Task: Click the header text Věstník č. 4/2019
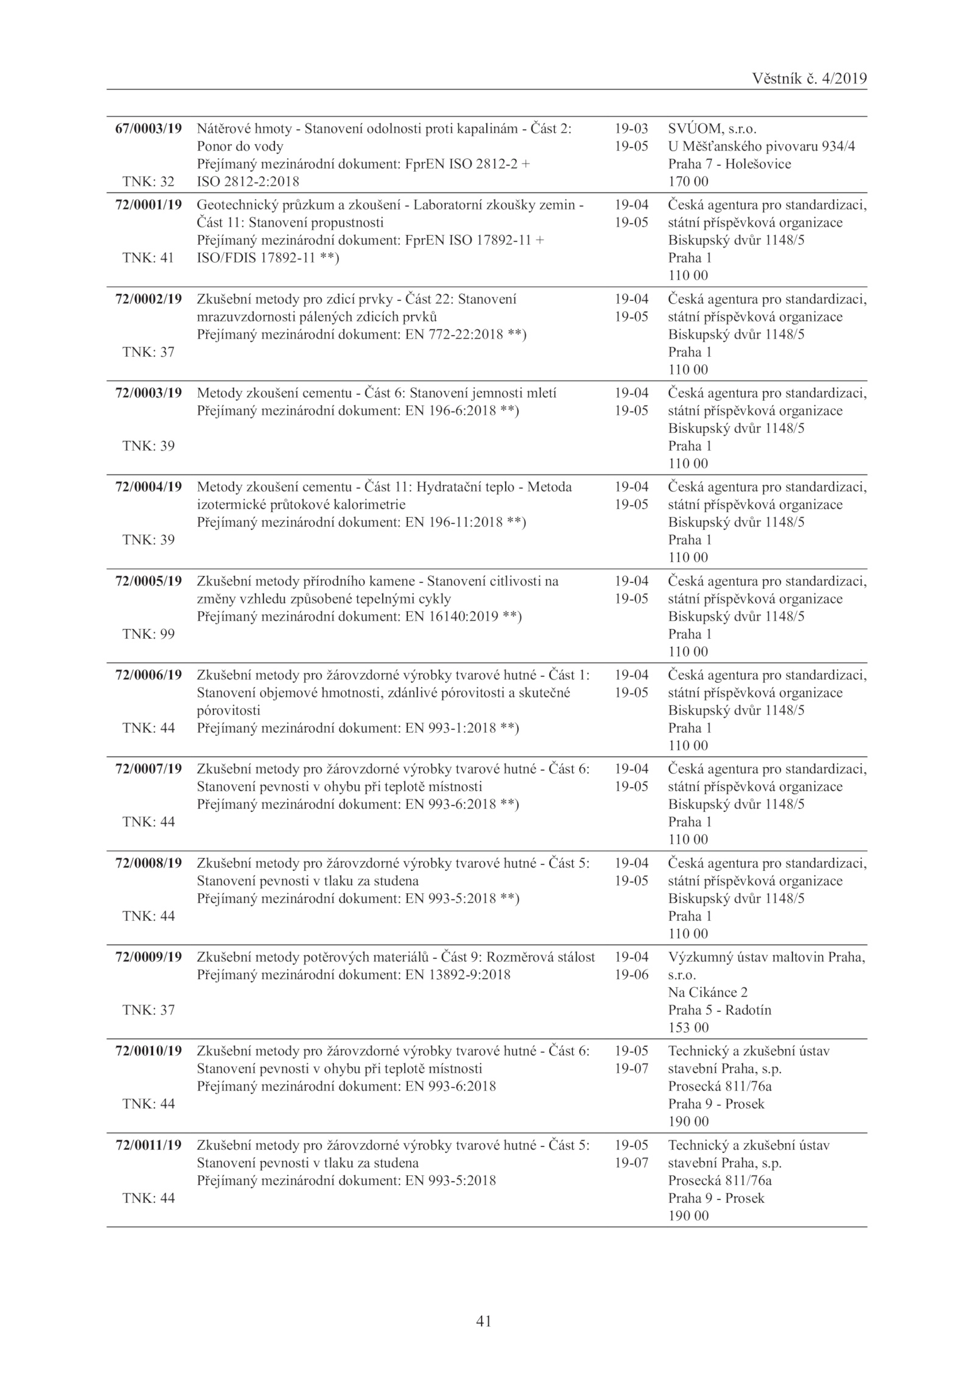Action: (809, 79)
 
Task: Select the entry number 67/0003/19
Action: (149, 129)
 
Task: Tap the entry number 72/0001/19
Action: (149, 205)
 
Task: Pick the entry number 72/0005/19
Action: (149, 581)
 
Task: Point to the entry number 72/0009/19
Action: (149, 957)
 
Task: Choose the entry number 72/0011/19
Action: (149, 1145)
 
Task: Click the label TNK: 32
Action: (149, 181)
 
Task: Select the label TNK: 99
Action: (149, 634)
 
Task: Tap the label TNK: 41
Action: (149, 258)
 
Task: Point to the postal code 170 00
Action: (688, 181)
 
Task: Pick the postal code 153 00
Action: (688, 1027)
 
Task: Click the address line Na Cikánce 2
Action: (707, 992)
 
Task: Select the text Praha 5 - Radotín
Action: (719, 1010)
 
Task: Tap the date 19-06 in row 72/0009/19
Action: (631, 974)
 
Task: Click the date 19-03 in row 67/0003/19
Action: (631, 129)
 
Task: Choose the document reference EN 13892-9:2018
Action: (458, 974)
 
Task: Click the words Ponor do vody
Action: (240, 147)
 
